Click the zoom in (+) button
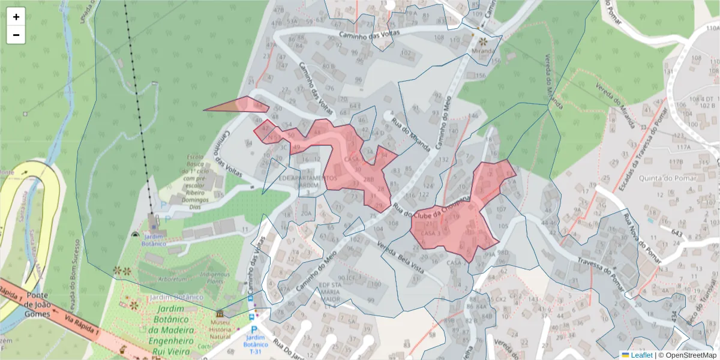point(16,17)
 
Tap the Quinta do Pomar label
point(668,178)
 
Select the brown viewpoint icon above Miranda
point(483,41)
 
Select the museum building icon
point(220,314)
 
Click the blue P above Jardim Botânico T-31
point(254,329)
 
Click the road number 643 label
point(678,232)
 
